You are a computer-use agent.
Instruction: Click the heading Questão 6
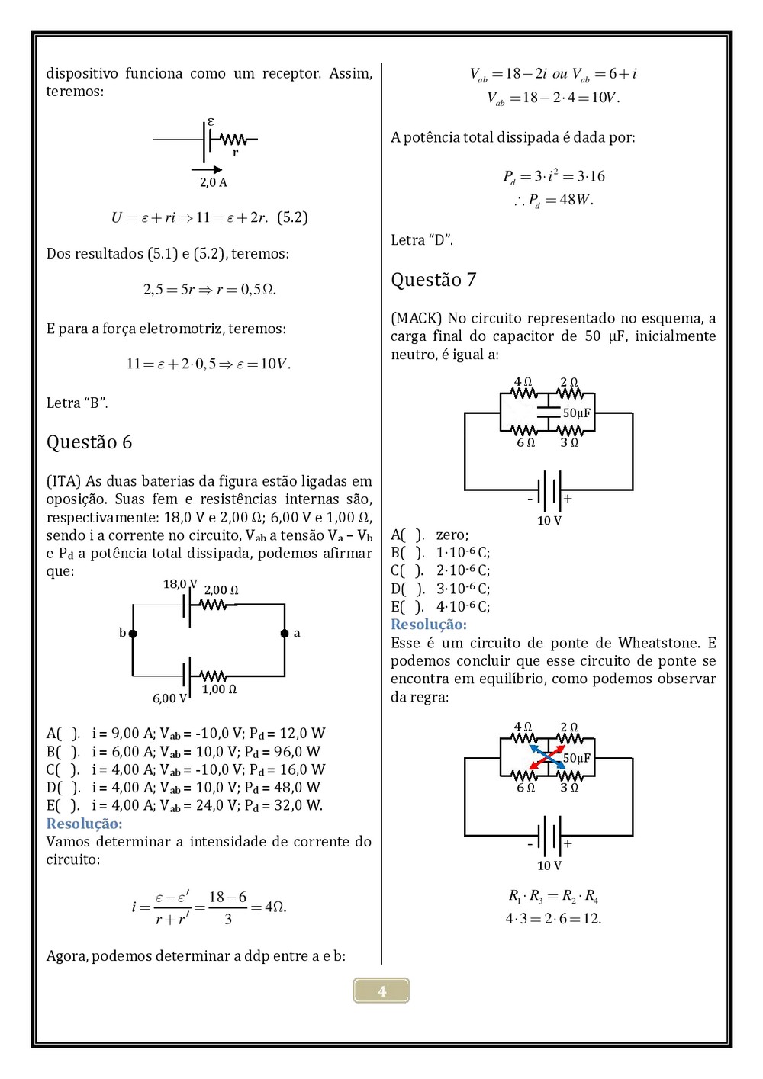point(89,442)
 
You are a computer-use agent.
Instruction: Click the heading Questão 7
point(433,280)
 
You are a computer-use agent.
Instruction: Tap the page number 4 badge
point(381,991)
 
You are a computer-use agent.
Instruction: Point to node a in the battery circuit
point(285,633)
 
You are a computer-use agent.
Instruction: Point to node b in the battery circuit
point(133,633)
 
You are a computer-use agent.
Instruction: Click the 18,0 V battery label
point(180,584)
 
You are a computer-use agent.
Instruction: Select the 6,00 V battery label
point(169,698)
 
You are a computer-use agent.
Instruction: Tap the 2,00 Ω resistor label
point(221,590)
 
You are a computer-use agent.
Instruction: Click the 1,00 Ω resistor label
point(219,689)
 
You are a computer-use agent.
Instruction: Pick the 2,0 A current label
point(214,182)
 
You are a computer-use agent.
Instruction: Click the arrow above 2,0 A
point(207,170)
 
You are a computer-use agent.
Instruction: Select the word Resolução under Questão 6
point(84,824)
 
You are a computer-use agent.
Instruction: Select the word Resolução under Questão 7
point(429,625)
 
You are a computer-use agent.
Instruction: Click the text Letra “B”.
point(77,403)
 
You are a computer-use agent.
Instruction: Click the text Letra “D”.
point(422,240)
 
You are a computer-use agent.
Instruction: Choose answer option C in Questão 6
point(185,769)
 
